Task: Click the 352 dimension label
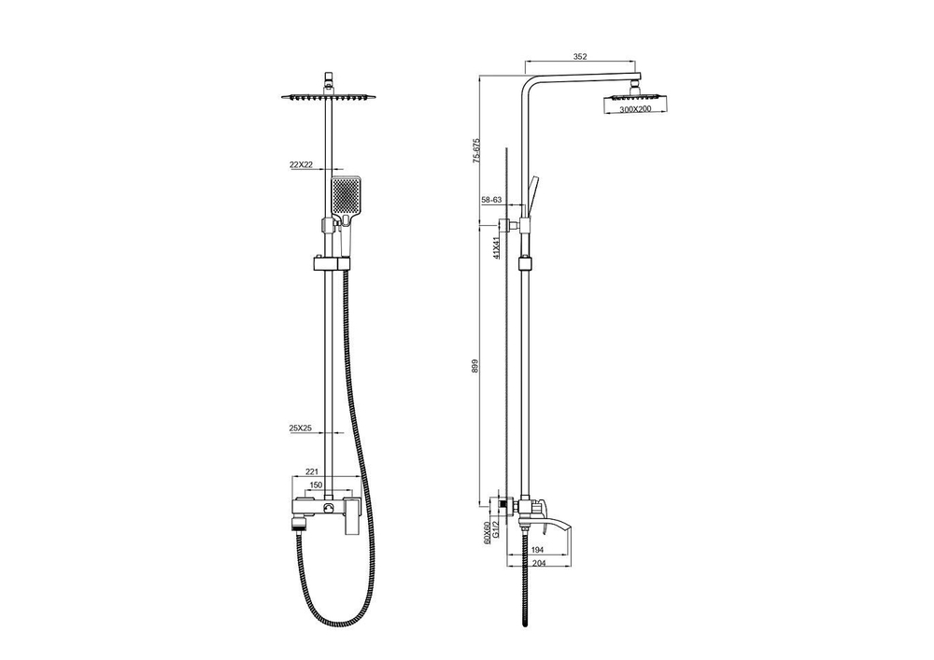tap(580, 57)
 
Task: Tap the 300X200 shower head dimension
tap(635, 109)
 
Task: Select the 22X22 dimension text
tap(302, 165)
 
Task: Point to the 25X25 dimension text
tap(301, 428)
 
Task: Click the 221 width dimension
tap(312, 471)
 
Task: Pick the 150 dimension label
tap(316, 485)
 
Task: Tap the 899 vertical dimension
tap(475, 365)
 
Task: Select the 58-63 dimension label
tap(492, 201)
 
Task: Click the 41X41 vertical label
tap(496, 246)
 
